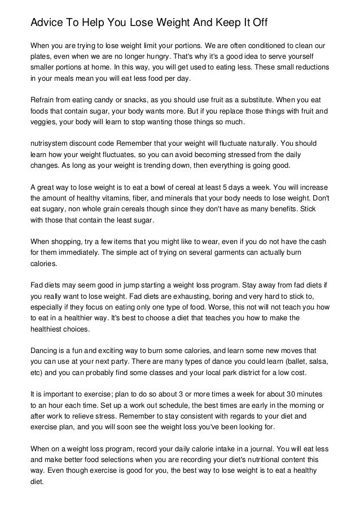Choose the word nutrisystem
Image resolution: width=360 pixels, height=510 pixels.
49,143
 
